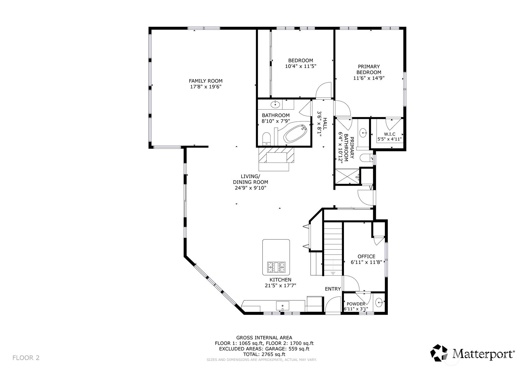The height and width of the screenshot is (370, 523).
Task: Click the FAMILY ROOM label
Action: (x=205, y=81)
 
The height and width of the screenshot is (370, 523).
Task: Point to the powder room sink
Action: (x=379, y=302)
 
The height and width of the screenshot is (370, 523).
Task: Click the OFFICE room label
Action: (x=366, y=257)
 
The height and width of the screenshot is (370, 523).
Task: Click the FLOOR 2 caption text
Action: (x=26, y=358)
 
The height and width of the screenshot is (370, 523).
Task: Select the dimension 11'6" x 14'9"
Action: (x=369, y=78)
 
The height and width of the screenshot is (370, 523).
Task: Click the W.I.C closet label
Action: (x=390, y=134)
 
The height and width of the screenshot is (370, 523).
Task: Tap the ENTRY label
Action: (x=333, y=289)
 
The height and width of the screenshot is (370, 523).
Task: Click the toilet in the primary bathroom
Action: (x=366, y=158)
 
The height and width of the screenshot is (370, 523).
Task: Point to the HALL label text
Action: (x=325, y=123)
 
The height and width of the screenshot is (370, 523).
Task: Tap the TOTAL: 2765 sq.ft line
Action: (x=264, y=354)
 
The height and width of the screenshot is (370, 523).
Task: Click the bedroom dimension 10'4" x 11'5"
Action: (x=300, y=66)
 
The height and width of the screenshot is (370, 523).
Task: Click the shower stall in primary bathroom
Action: (x=347, y=176)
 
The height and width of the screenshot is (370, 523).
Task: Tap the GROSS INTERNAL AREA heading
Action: (x=264, y=338)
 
